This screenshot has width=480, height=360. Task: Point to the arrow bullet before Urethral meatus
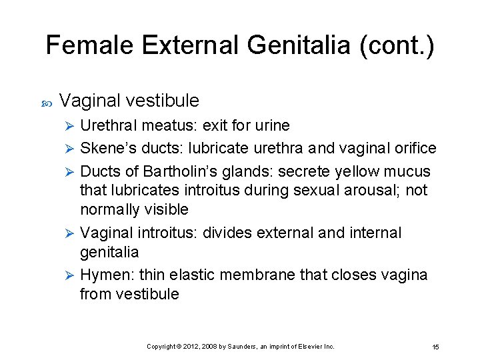point(71,126)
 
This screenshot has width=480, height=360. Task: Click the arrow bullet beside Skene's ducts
point(71,149)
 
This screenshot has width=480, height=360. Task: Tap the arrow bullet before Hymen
point(71,275)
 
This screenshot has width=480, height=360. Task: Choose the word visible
point(163,209)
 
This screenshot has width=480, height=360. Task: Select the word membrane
point(266,275)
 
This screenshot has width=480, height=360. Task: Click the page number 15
point(435,347)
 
